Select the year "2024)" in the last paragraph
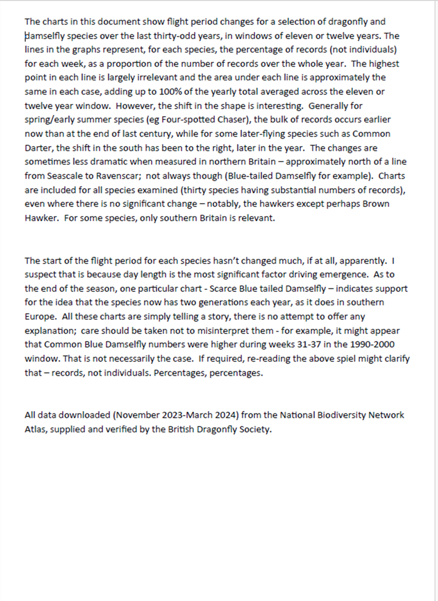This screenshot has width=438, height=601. [228, 415]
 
